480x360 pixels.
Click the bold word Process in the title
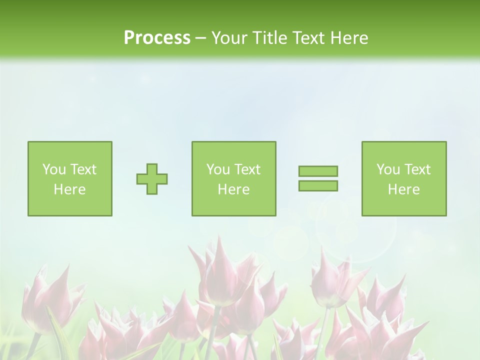(x=157, y=38)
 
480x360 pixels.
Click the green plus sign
(x=152, y=179)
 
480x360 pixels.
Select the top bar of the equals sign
(x=318, y=171)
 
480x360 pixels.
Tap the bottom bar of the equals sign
(x=318, y=185)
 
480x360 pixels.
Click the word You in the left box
(x=54, y=169)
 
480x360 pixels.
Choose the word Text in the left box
(x=82, y=169)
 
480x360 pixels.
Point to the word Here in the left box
(x=69, y=189)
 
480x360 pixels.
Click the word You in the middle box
(x=218, y=169)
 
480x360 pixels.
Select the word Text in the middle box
(x=246, y=169)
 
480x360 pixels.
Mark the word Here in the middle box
(x=233, y=189)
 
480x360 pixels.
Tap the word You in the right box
(x=388, y=169)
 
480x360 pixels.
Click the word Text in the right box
(x=416, y=169)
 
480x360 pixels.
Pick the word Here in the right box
(x=403, y=189)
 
